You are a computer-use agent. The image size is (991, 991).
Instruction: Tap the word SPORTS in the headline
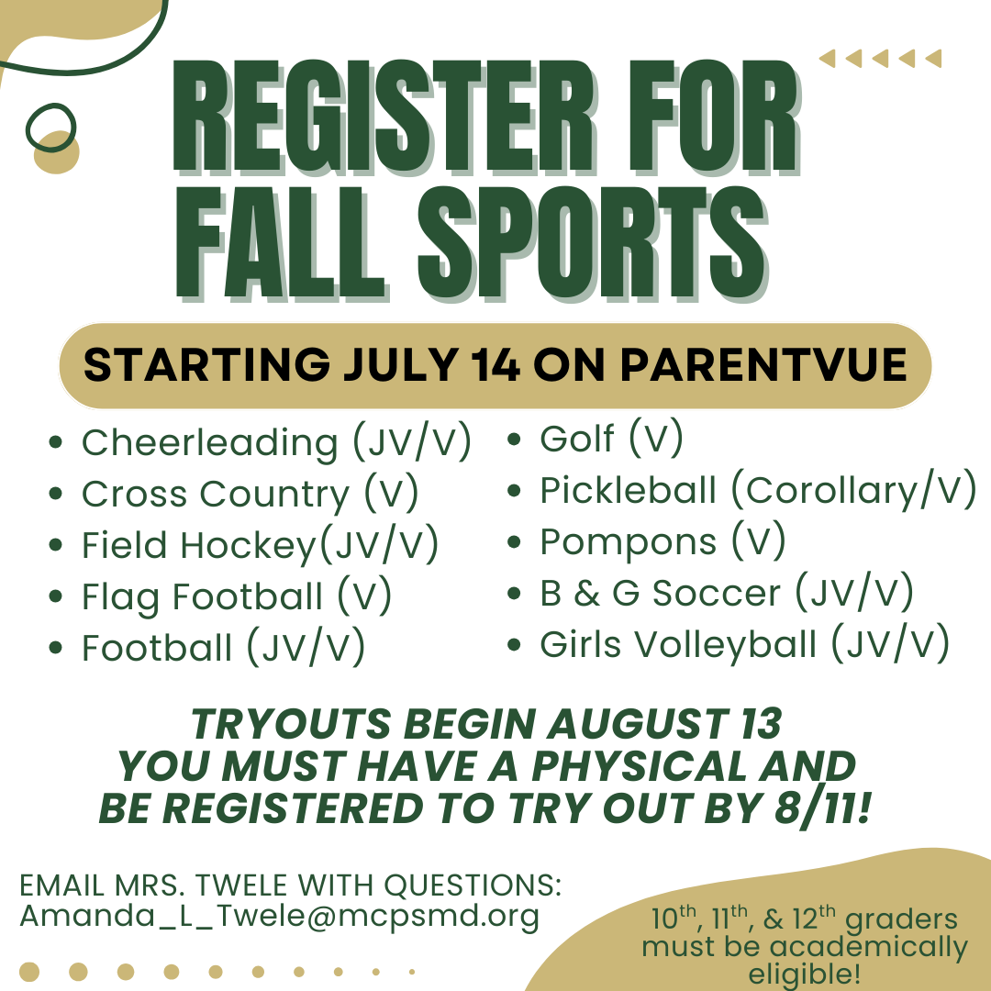click(593, 243)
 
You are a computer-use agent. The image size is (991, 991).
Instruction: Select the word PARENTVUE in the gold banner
click(763, 364)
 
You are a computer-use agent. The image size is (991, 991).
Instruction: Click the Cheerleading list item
click(276, 442)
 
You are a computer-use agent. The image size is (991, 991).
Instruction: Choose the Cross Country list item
click(251, 494)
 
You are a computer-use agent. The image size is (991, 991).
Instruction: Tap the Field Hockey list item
click(260, 545)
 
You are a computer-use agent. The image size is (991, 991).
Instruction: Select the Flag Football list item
click(237, 596)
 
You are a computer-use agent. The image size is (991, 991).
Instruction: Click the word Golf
click(577, 439)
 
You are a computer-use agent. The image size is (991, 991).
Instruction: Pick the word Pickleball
click(629, 490)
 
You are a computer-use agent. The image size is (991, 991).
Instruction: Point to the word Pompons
click(629, 542)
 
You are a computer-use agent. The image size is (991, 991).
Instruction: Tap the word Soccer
click(716, 593)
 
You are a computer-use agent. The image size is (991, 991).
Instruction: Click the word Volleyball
click(725, 645)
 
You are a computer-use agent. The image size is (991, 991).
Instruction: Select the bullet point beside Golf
click(514, 440)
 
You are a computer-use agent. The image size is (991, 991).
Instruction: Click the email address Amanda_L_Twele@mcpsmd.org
click(279, 916)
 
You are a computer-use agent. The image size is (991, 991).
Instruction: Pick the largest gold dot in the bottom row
click(29, 972)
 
